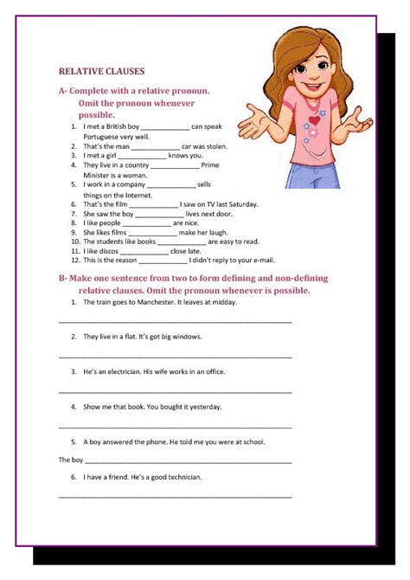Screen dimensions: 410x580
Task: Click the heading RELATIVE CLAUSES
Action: [x=101, y=72]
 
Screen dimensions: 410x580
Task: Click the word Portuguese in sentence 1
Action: [x=106, y=137]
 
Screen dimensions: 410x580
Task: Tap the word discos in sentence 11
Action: [x=108, y=251]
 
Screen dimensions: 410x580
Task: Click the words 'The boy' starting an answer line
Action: [x=71, y=460]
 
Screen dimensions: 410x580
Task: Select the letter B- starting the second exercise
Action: [x=63, y=278]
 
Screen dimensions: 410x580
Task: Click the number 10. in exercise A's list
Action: [x=76, y=242]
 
